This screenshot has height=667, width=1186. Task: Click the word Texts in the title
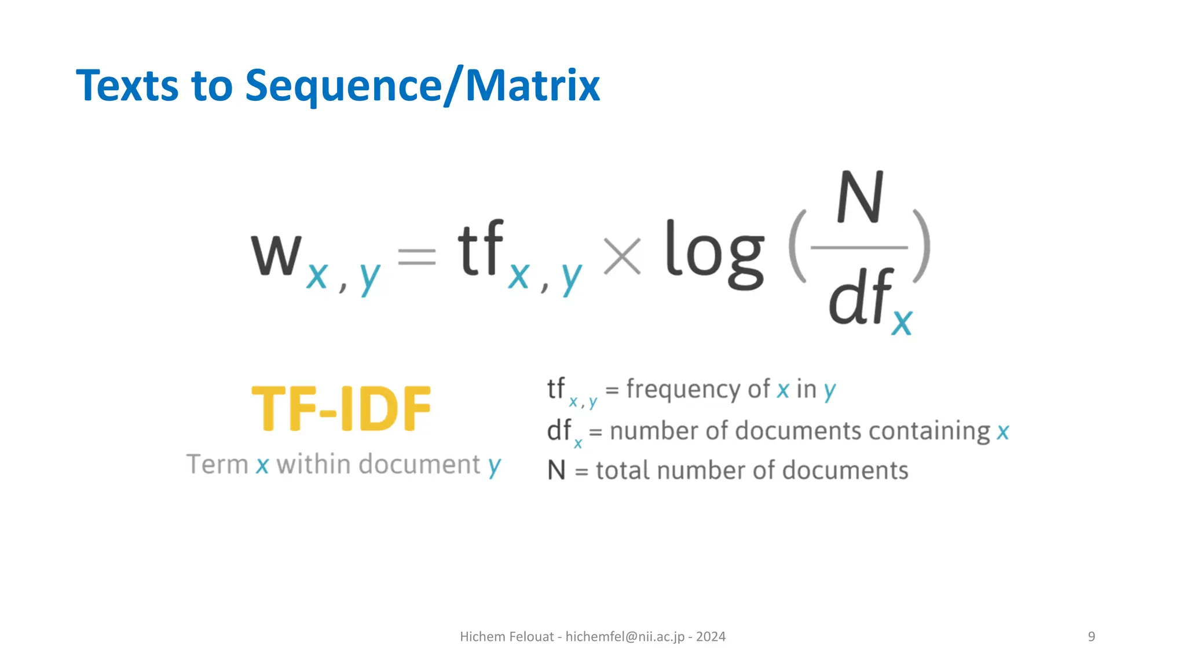click(127, 86)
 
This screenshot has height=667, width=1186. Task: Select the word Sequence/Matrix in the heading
click(422, 86)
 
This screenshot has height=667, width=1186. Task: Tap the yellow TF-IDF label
click(342, 409)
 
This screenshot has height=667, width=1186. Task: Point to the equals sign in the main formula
click(417, 256)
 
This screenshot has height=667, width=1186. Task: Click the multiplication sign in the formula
click(622, 256)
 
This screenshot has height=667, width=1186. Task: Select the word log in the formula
click(715, 255)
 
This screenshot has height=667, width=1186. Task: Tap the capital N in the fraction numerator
click(860, 198)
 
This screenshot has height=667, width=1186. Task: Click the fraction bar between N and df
click(859, 248)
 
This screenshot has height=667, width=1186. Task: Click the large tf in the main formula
click(481, 249)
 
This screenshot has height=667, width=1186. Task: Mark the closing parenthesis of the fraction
click(922, 247)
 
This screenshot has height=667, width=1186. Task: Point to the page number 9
click(1092, 637)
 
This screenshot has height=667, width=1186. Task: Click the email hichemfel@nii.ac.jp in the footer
click(625, 637)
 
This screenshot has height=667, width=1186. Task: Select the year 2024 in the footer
click(711, 637)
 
